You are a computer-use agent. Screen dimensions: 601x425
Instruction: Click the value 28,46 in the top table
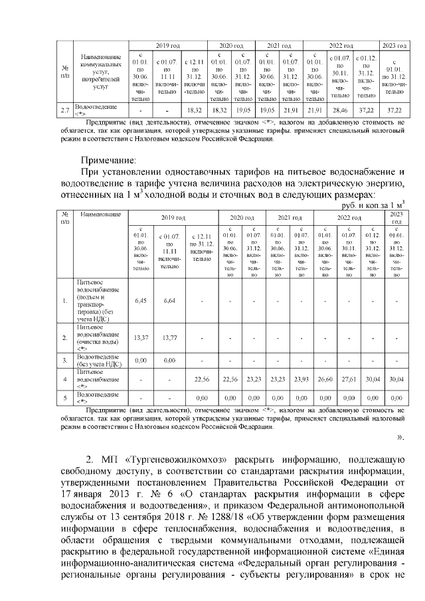pyautogui.click(x=339, y=110)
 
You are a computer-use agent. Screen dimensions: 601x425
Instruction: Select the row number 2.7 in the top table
pyautogui.click(x=65, y=110)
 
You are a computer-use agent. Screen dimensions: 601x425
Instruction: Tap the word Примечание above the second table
pyautogui.click(x=108, y=160)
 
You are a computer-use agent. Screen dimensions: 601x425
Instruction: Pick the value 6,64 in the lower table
pyautogui.click(x=169, y=300)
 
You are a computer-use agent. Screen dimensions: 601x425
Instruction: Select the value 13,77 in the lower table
pyautogui.click(x=169, y=338)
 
